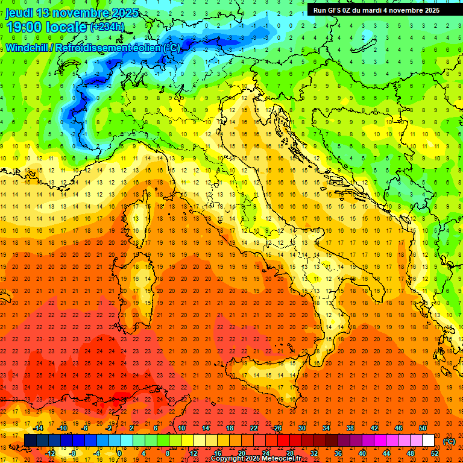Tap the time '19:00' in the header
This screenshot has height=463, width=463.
click(x=24, y=27)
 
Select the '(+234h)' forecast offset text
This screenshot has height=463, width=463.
click(x=107, y=27)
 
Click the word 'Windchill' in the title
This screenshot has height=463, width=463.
click(x=28, y=48)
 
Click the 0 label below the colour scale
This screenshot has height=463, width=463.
click(x=119, y=453)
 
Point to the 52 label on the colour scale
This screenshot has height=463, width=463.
click(x=435, y=453)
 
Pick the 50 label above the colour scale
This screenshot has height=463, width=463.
click(x=423, y=428)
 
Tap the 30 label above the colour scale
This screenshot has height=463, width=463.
click(x=301, y=428)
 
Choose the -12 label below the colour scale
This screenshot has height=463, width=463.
click(x=50, y=453)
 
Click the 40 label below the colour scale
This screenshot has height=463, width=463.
click(x=362, y=453)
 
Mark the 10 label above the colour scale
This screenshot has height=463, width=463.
click(x=181, y=428)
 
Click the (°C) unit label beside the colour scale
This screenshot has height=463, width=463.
click(x=450, y=441)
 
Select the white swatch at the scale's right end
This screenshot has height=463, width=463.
click(x=428, y=441)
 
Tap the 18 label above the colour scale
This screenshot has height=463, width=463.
click(x=229, y=428)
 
